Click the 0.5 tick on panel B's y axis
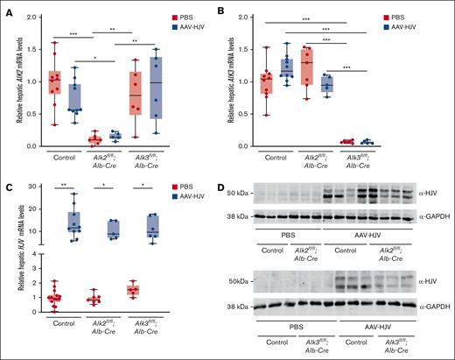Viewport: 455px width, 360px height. [261, 114]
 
